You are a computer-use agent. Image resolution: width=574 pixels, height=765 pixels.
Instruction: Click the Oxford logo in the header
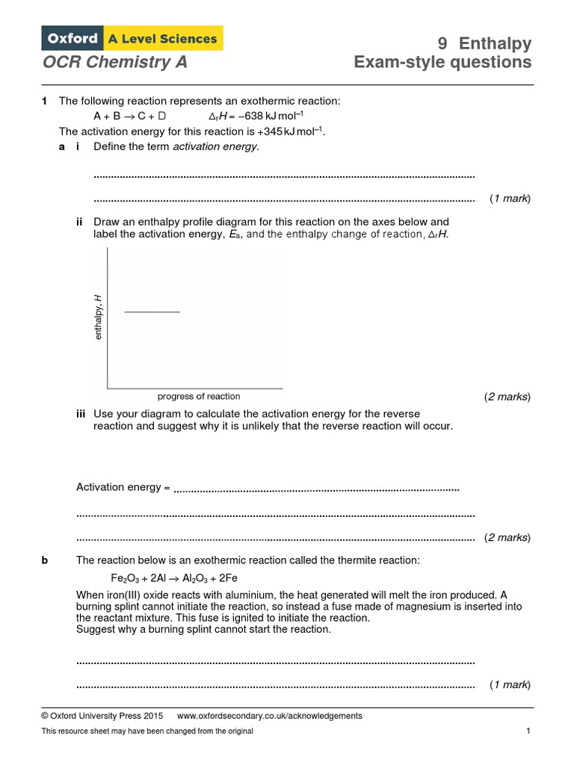pos(72,38)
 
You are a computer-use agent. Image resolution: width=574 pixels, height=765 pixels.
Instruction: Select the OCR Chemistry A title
pos(114,62)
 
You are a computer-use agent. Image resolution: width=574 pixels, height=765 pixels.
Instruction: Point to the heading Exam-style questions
pos(443,62)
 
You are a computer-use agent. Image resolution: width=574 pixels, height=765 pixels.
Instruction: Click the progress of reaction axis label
pos(199,396)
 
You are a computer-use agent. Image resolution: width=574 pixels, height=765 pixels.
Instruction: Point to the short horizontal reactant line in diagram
pos(152,312)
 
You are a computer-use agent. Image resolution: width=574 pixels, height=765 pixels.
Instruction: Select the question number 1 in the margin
pos(45,101)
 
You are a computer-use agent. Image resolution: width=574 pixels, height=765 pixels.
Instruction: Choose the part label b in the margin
pos(45,560)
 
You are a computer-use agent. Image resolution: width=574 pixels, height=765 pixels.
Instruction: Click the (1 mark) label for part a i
pos(510,199)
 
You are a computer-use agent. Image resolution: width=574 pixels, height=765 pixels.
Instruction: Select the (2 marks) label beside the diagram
pos(507,397)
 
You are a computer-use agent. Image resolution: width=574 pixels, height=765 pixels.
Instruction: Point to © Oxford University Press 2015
pos(102,716)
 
